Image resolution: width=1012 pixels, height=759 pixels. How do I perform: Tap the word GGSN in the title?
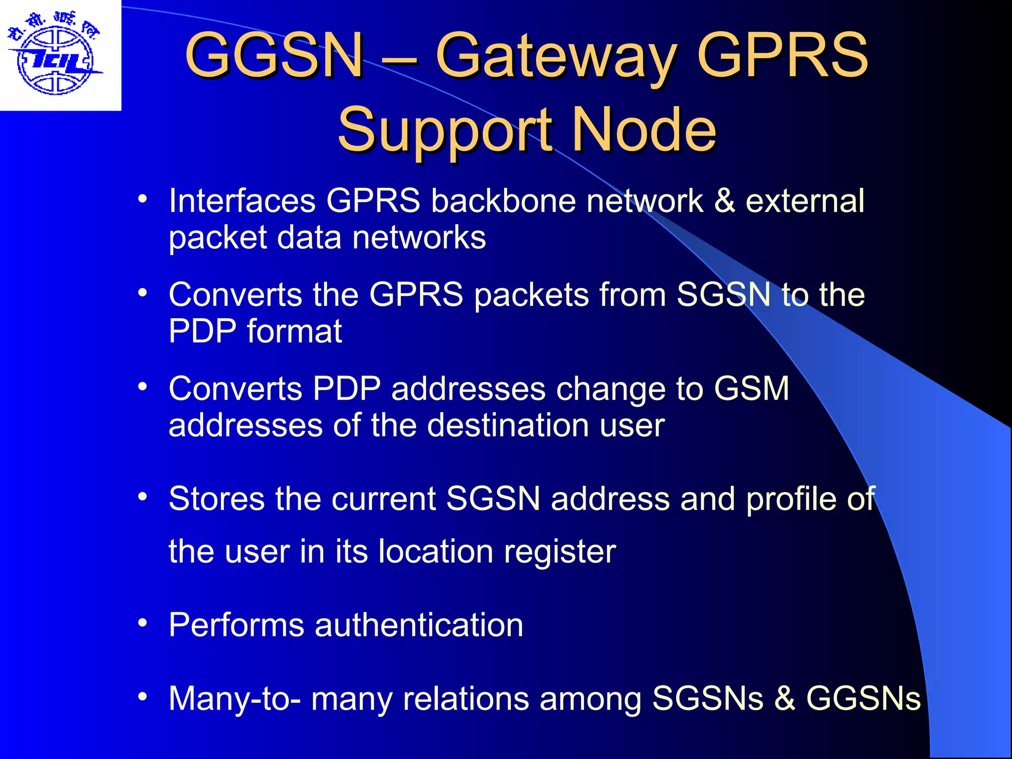point(275,55)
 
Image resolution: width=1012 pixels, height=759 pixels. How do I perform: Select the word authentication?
point(419,625)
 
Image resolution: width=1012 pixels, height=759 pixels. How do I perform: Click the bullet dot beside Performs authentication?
point(143,623)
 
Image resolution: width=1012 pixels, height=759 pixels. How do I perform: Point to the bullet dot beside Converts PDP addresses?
point(143,386)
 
